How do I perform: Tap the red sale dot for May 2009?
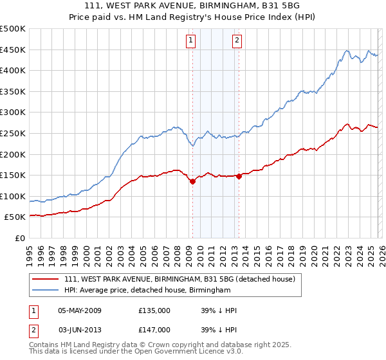[192, 181]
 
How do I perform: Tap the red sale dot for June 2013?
[239, 176]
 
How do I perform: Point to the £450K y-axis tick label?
[13, 50]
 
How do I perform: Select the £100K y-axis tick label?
[13, 196]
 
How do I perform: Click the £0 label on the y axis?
[20, 238]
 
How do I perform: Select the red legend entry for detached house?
[179, 279]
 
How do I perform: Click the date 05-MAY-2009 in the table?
[80, 310]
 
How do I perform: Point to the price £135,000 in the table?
[154, 310]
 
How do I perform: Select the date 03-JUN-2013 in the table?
[80, 329]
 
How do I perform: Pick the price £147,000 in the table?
[154, 329]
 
